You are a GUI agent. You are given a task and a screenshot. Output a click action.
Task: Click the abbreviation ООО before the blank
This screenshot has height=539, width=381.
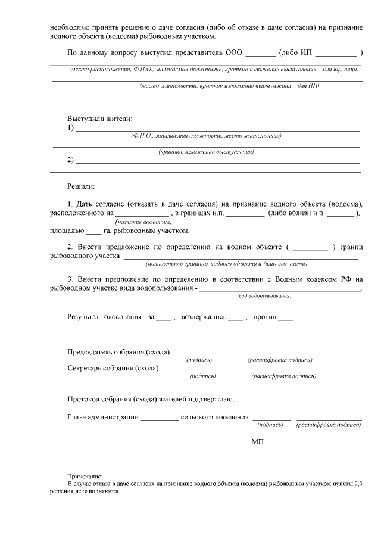234,52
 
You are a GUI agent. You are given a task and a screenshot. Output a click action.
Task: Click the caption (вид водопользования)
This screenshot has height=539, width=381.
264,295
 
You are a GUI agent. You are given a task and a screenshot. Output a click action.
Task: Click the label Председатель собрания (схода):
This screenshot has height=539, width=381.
119,352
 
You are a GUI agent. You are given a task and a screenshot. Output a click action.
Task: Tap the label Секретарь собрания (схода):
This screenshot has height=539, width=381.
114,368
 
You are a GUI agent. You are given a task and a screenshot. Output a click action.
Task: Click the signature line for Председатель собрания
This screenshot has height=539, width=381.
202,354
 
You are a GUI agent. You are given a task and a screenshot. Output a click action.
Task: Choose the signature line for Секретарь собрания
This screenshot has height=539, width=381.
202,370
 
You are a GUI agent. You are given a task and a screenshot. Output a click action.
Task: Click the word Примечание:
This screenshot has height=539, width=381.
85,476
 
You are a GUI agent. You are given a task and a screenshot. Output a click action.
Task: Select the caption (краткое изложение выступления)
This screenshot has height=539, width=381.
206,152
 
